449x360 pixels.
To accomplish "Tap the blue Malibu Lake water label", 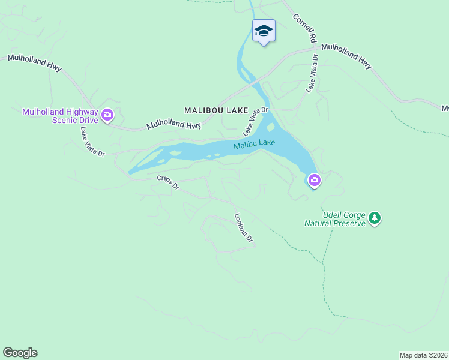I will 255,144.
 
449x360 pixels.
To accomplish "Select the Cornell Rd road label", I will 304,28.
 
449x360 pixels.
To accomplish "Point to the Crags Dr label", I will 168,182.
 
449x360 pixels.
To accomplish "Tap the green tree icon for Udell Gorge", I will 375,217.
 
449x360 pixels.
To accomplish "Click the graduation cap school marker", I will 264,30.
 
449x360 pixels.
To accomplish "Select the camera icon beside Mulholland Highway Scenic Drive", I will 107,115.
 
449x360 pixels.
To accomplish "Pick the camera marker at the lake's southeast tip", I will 314,179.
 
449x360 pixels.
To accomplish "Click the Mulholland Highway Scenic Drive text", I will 59,115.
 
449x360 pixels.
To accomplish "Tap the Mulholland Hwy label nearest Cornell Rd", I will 346,55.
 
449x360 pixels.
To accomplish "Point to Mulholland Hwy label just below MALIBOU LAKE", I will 173,124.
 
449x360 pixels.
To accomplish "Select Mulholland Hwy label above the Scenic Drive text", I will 34,62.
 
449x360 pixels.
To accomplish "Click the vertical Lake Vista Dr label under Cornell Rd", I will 311,73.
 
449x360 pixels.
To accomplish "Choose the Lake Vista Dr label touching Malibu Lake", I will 255,121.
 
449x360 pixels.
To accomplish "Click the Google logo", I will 20,353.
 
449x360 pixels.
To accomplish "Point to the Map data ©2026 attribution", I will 423,355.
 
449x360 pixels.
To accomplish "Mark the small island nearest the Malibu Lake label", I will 271,127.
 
